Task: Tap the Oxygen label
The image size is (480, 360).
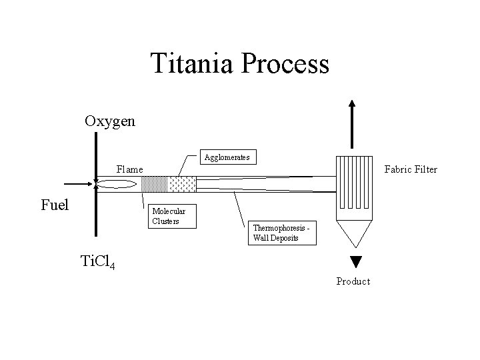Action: (110, 121)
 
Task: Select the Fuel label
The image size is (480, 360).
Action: (55, 205)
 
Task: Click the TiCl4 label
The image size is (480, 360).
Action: (97, 262)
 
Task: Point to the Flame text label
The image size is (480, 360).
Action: (129, 169)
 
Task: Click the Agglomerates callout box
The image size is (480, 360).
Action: (227, 157)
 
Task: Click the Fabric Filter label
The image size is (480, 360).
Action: (410, 169)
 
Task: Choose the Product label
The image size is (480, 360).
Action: (353, 281)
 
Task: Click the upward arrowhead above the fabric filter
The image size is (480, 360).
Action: (352, 105)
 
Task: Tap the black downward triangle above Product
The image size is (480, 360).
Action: (355, 261)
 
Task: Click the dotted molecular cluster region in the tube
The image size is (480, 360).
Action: (156, 185)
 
